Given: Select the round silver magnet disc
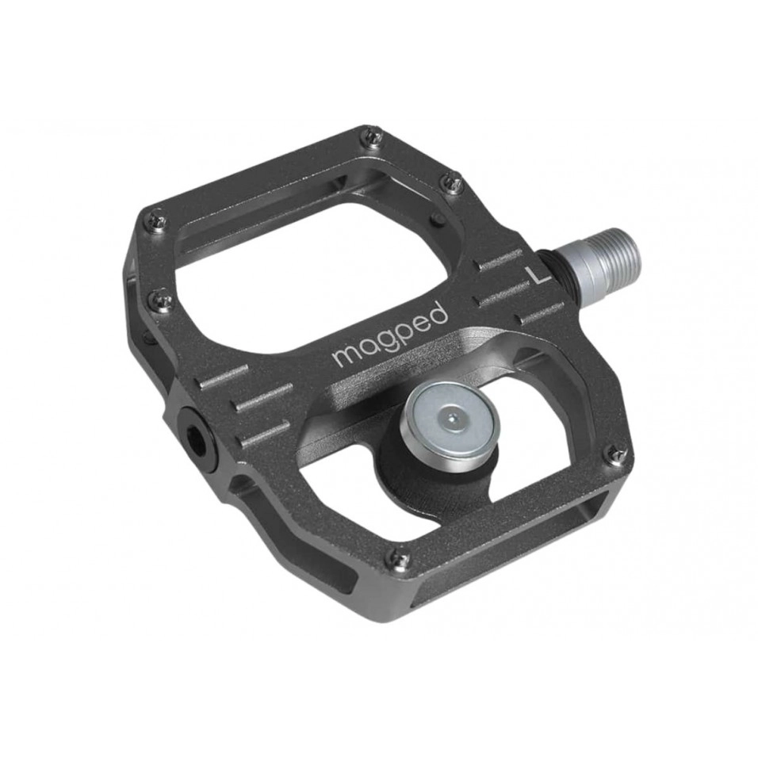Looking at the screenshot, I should [x=450, y=423].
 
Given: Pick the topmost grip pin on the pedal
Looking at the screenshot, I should [x=374, y=139].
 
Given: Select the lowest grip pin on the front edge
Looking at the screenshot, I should [x=394, y=560].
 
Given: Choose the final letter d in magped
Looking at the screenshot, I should [x=438, y=313].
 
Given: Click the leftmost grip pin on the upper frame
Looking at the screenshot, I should [x=159, y=219].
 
